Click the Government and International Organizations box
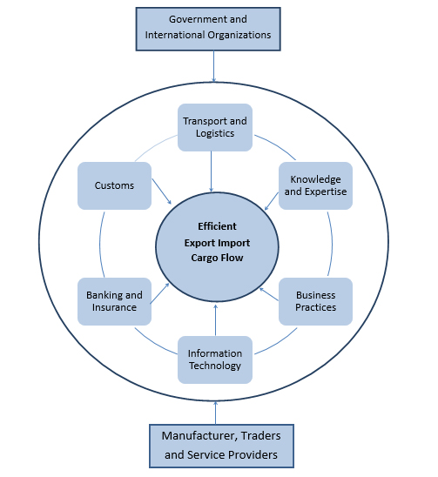(x=208, y=30)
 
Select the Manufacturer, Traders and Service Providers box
(x=221, y=446)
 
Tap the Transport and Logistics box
(x=215, y=127)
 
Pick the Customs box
(x=114, y=185)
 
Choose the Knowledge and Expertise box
(x=315, y=185)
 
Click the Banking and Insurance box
(x=114, y=301)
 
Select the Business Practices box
(x=315, y=301)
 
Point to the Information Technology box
(x=215, y=359)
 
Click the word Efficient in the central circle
(x=217, y=226)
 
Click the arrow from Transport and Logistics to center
(x=212, y=171)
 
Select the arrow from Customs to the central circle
(x=162, y=191)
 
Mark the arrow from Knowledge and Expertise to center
(x=272, y=201)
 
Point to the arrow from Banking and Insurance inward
(x=160, y=293)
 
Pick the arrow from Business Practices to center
(x=269, y=294)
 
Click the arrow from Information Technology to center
(x=215, y=320)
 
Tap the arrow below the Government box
(x=213, y=66)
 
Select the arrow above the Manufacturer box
(x=215, y=413)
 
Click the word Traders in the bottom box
(x=261, y=436)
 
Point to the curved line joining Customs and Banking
(x=100, y=245)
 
